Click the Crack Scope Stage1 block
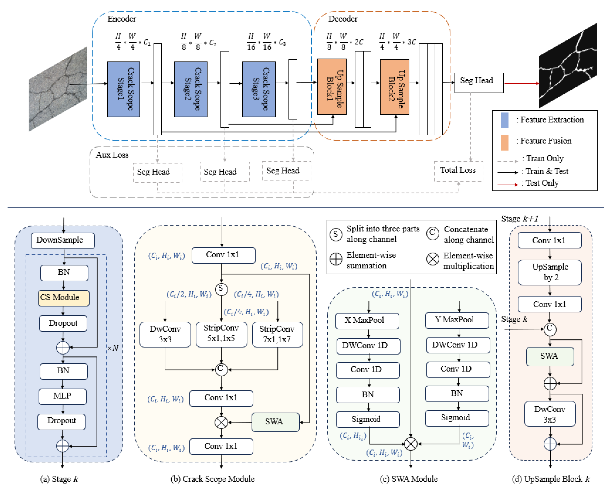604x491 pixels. point(123,89)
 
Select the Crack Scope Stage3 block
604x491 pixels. point(259,89)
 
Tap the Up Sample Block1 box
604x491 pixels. point(332,87)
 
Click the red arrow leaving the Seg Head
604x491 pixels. point(521,83)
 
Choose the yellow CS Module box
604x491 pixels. point(63,298)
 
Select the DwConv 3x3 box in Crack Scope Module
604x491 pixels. point(165,334)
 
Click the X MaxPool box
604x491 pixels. point(367,321)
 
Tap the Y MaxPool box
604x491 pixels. point(457,320)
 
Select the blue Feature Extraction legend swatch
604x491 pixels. point(504,120)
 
